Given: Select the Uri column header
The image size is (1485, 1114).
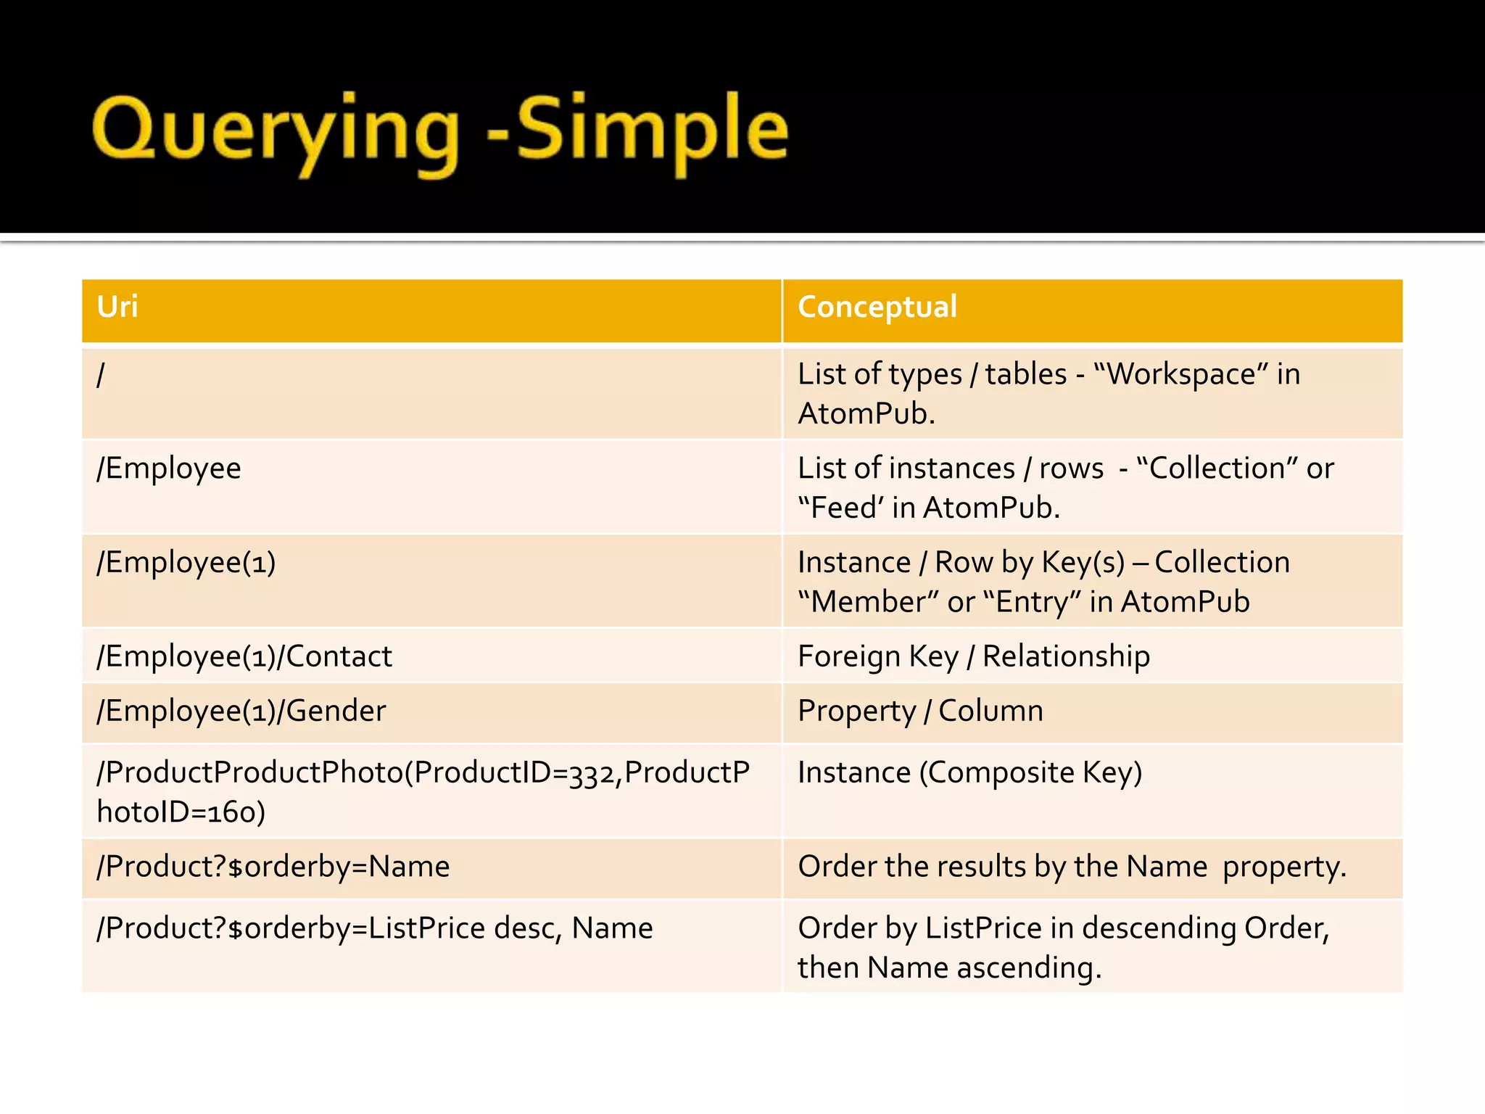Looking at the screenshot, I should point(117,307).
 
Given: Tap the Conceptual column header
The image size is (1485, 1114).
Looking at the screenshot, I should point(877,307).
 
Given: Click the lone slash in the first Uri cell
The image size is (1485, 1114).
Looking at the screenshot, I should point(101,375).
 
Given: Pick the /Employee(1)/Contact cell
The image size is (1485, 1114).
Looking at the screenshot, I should point(244,656).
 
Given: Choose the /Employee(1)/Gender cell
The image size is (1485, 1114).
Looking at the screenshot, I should point(241,711).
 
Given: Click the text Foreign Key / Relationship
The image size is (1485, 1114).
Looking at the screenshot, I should point(973,656).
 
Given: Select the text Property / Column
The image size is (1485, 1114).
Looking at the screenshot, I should point(920,711).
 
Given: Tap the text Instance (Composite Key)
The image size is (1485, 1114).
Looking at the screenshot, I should point(969,772).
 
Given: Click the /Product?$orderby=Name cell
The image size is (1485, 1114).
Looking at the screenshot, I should point(273,867).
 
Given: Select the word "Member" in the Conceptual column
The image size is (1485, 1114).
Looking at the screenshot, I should point(867,602).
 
